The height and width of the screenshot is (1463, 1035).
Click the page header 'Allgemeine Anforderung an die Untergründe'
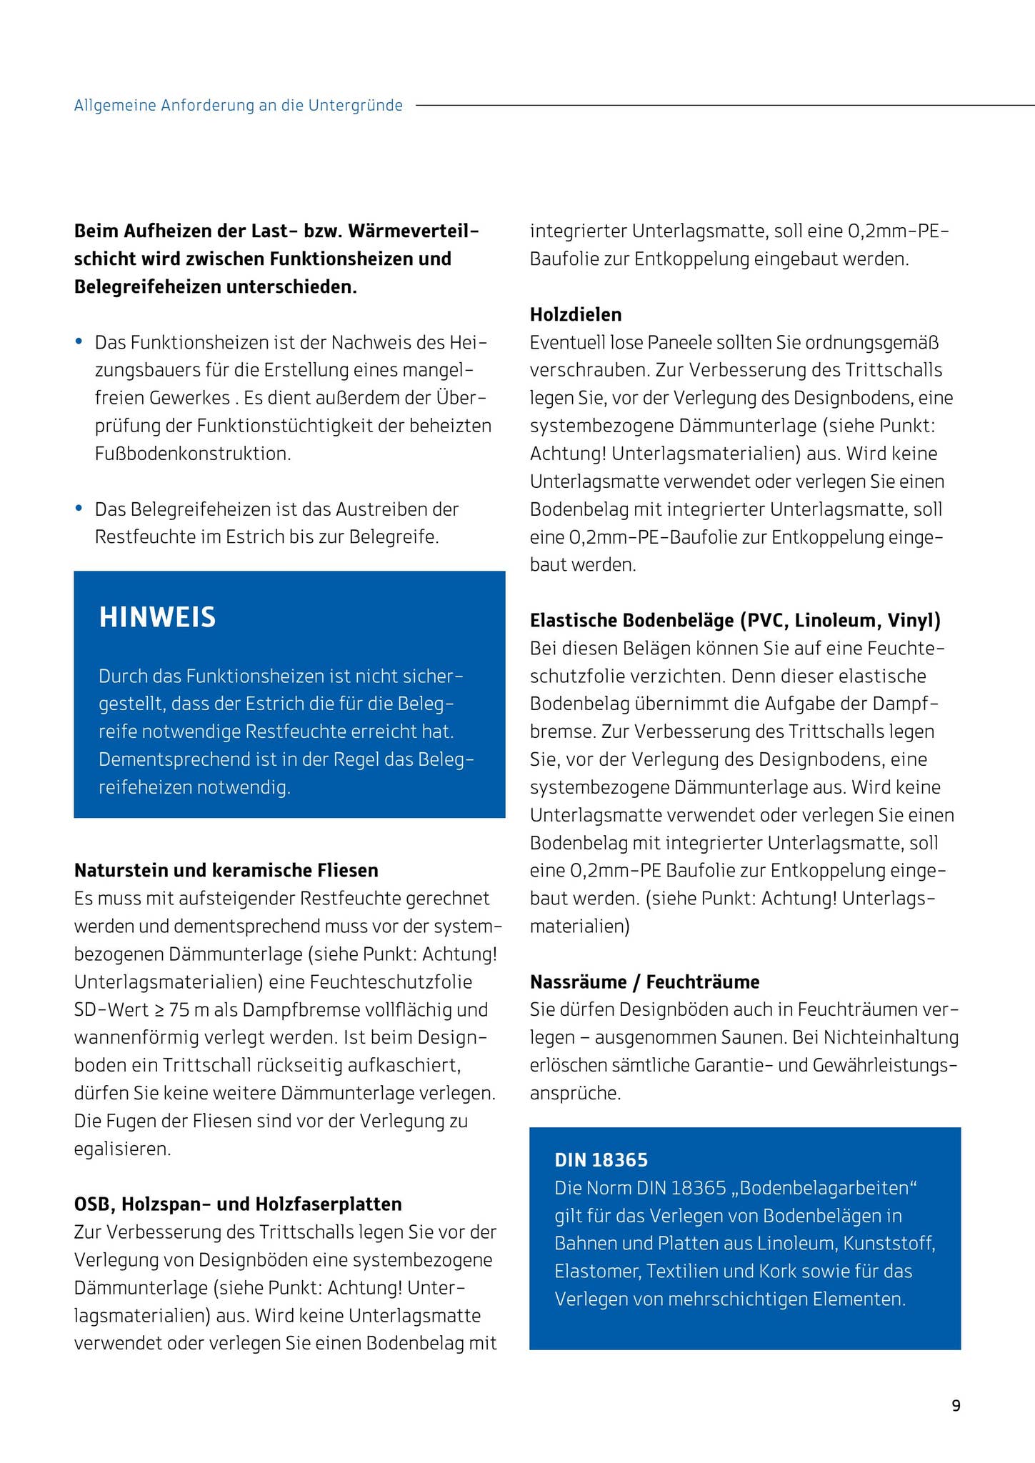238,106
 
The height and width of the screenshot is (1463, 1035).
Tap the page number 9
956,1406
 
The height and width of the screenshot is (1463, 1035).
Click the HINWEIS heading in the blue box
157,618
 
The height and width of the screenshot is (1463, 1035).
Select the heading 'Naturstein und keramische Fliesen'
226,870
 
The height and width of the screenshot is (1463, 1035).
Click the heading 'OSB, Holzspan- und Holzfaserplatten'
237,1204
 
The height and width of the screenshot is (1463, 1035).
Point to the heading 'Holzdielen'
575,314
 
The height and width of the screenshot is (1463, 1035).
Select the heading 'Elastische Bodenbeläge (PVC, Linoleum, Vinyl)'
735,620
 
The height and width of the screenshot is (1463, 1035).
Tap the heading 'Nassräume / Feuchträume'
644,982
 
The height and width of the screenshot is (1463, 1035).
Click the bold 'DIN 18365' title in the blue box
601,1160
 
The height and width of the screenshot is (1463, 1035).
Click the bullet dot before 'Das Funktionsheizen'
79,341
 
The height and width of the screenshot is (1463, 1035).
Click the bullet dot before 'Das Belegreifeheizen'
79,509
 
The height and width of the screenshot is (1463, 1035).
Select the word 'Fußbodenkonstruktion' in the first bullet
192,454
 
